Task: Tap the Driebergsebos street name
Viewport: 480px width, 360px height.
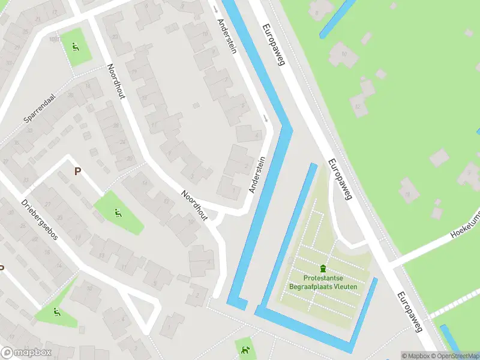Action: [40, 220]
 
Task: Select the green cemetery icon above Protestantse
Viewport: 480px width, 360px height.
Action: [323, 268]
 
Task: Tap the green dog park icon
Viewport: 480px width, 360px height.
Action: [244, 350]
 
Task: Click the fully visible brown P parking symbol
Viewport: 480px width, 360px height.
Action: [77, 172]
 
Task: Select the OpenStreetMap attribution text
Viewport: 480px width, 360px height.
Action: [455, 356]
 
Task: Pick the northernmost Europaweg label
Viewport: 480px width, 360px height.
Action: [274, 44]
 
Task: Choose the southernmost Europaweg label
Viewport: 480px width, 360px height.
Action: [410, 312]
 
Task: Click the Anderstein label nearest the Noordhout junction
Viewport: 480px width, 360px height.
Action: [257, 175]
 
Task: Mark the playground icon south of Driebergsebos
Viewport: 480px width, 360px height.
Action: [56, 312]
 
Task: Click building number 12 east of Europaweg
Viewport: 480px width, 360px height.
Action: [359, 108]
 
